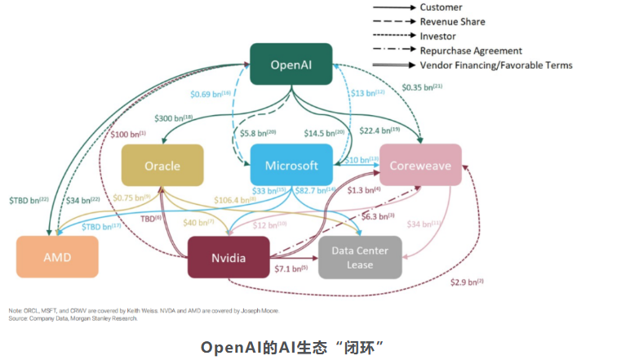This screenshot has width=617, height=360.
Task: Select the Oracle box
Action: tap(162, 165)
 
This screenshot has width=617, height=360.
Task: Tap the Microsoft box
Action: tap(291, 165)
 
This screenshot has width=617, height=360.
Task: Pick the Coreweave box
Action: tap(420, 165)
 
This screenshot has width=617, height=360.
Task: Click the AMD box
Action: tap(57, 257)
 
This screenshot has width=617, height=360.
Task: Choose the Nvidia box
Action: tap(229, 258)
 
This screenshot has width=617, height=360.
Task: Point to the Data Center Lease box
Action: tap(360, 258)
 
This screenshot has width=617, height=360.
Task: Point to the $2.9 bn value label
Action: tap(467, 282)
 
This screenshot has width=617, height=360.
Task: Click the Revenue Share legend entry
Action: tap(452, 22)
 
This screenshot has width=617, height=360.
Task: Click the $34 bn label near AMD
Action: tap(84, 200)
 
